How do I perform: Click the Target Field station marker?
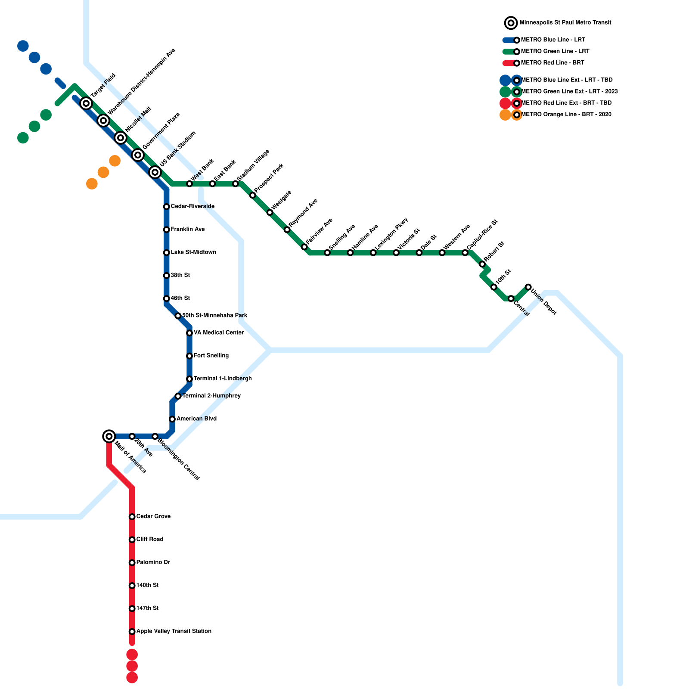(x=86, y=103)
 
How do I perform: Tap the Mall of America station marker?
(x=109, y=436)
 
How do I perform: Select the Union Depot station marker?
(x=528, y=287)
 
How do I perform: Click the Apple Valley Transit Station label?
(x=174, y=631)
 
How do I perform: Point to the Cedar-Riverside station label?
(x=192, y=207)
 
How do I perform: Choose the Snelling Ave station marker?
(x=327, y=253)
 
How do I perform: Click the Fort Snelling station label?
(x=211, y=356)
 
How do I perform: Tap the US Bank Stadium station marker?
(x=155, y=172)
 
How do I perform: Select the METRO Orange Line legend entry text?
(x=566, y=115)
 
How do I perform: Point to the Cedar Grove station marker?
(x=132, y=517)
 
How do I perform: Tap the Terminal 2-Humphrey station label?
(x=211, y=396)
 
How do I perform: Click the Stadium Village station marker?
(x=236, y=184)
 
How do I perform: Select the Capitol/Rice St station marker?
(x=465, y=253)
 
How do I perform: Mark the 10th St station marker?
(x=494, y=287)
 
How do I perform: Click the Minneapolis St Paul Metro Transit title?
(x=565, y=22)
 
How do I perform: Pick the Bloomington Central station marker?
(x=155, y=437)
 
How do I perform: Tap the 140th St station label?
(x=147, y=585)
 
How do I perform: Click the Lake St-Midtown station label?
(x=193, y=252)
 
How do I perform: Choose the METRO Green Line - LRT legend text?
(x=555, y=51)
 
